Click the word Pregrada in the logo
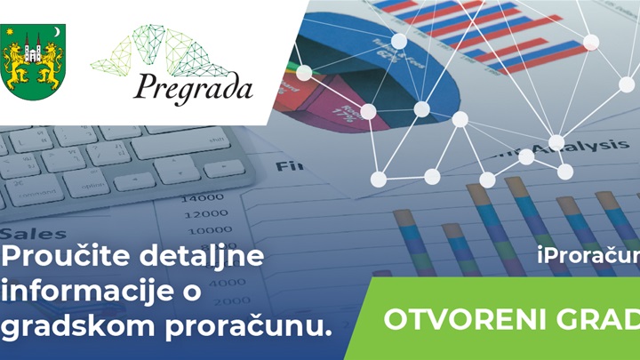194,88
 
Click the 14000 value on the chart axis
204,196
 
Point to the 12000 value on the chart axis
204,214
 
